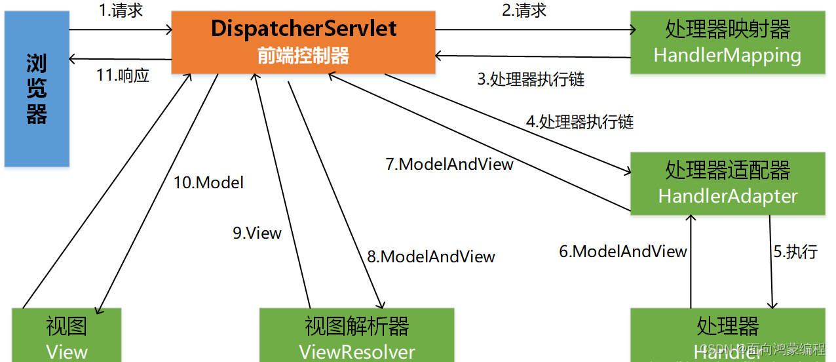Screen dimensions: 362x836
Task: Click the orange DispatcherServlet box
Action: pyautogui.click(x=303, y=41)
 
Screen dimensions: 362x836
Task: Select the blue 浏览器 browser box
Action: pyautogui.click(x=37, y=89)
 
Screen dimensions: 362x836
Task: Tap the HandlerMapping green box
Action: pyautogui.click(x=727, y=42)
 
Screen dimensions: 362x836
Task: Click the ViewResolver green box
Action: pyautogui.click(x=356, y=336)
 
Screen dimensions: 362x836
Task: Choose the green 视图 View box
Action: pyautogui.click(x=67, y=336)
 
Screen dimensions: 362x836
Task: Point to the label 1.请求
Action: pyautogui.click(x=121, y=11)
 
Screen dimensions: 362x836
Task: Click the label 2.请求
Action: pyautogui.click(x=524, y=11)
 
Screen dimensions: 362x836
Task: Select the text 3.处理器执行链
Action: pyautogui.click(x=530, y=79)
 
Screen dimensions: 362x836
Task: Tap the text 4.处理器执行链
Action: pyautogui.click(x=580, y=122)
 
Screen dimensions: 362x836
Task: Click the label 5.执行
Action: pyautogui.click(x=795, y=251)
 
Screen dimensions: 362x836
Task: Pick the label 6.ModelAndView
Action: pyautogui.click(x=622, y=251)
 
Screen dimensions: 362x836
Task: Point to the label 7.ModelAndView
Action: pyautogui.click(x=449, y=164)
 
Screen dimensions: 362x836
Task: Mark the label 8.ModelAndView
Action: pyautogui.click(x=430, y=256)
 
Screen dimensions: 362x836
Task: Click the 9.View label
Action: pyautogui.click(x=257, y=233)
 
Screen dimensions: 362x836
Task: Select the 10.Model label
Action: pyautogui.click(x=208, y=182)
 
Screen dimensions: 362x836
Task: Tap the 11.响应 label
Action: pyautogui.click(x=123, y=75)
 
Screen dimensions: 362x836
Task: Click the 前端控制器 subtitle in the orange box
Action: pyautogui.click(x=303, y=56)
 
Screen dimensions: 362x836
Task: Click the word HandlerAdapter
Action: pyautogui.click(x=727, y=196)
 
